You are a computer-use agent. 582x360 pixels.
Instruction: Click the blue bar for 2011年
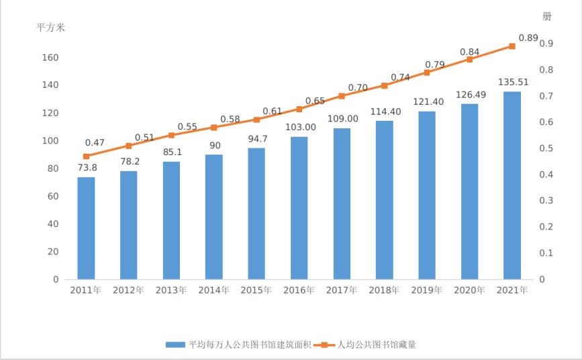coord(86,228)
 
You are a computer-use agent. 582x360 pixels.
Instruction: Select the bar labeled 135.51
coord(512,185)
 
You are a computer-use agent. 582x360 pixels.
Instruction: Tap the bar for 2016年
coord(299,208)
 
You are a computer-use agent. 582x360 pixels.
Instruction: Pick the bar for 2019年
coord(427,195)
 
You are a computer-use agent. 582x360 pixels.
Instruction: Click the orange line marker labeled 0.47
coord(86,156)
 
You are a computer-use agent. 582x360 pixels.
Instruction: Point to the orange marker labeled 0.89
coord(512,46)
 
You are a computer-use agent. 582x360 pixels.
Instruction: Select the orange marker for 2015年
coord(256,120)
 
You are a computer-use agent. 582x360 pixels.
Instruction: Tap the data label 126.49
coord(469,95)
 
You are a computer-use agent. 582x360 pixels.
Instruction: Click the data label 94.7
coord(256,139)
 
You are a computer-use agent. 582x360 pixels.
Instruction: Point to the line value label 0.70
coord(358,87)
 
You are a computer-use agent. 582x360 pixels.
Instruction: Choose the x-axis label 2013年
coord(171,290)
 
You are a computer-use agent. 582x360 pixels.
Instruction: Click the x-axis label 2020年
coord(469,290)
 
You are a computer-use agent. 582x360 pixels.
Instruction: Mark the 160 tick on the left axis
coord(52,58)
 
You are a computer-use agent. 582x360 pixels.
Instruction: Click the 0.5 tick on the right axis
coord(545,148)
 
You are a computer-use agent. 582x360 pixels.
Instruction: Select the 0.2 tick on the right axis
coord(545,227)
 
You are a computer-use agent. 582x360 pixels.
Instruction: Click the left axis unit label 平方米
coord(50,28)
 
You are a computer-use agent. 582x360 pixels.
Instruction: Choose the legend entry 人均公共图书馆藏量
coord(376,345)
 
